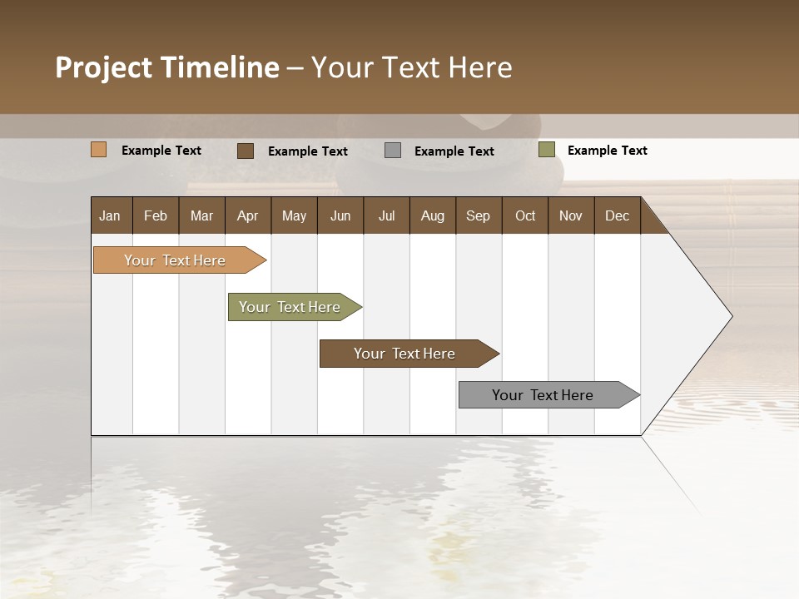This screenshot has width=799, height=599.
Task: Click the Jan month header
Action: click(x=110, y=216)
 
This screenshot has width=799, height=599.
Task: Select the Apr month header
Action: click(x=247, y=216)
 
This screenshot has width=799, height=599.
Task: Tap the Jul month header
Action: click(x=386, y=216)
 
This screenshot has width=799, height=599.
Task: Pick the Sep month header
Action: click(x=478, y=216)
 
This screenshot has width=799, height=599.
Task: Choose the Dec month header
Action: click(x=617, y=216)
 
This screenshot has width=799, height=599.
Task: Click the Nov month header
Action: click(x=570, y=216)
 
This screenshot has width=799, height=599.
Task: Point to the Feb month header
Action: click(x=156, y=216)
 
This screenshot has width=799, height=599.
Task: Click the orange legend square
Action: click(x=99, y=150)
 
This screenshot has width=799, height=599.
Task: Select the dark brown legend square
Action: click(x=246, y=151)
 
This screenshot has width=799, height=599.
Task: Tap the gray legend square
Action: click(x=393, y=151)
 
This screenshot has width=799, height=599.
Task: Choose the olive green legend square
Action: click(x=547, y=150)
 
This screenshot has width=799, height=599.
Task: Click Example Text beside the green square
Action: click(x=607, y=151)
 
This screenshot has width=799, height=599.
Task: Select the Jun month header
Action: click(x=340, y=216)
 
